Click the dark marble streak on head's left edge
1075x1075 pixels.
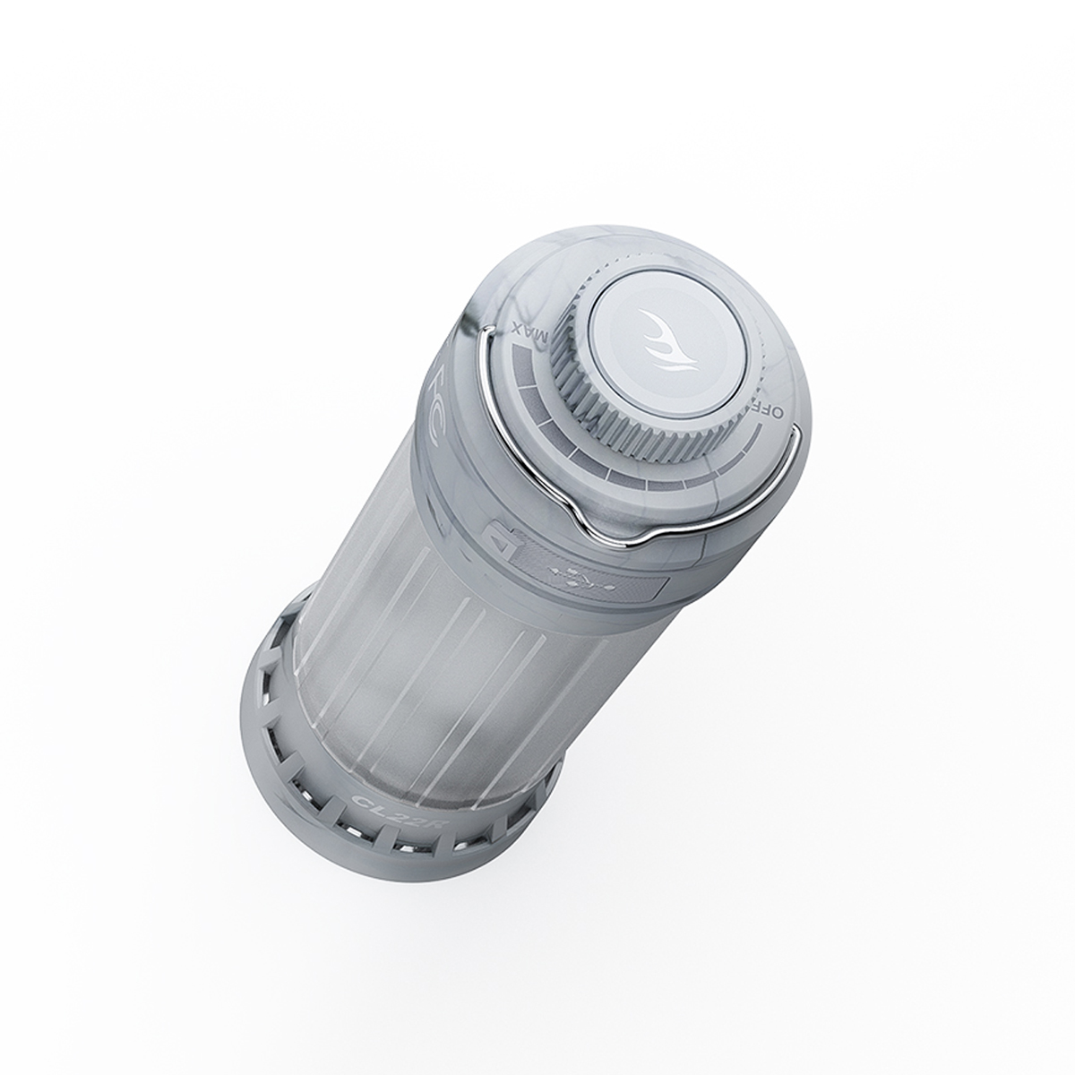click(472, 314)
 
